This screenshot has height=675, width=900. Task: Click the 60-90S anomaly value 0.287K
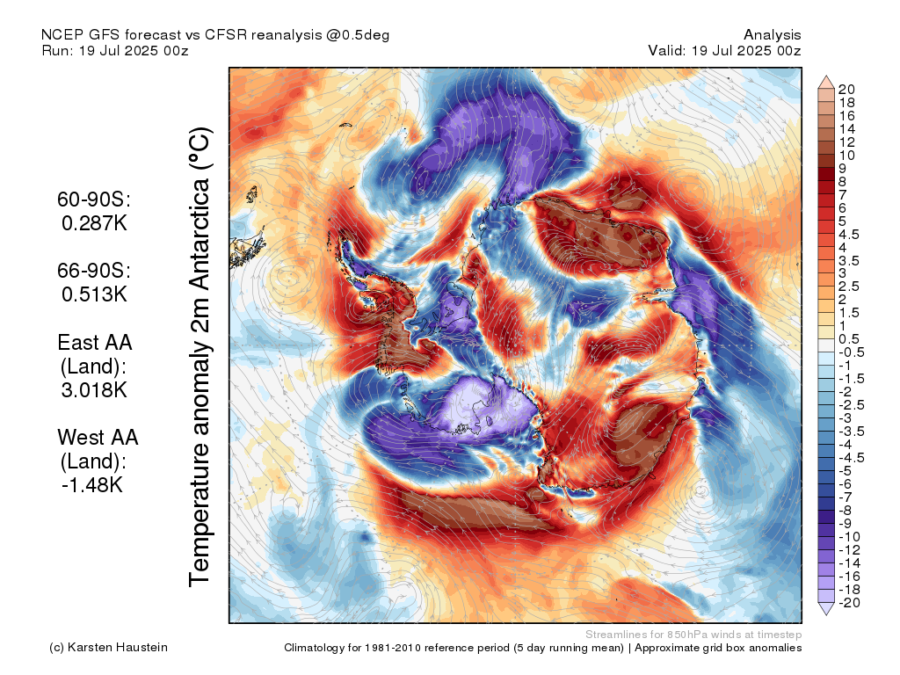(94, 222)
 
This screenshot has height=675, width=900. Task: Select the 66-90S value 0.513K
(94, 294)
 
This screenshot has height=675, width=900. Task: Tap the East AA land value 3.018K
(94, 390)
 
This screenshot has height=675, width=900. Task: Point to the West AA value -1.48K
(92, 485)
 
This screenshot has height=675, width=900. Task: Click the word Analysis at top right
(772, 35)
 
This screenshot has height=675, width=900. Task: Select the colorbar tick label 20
(846, 90)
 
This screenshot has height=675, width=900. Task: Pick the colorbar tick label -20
(849, 603)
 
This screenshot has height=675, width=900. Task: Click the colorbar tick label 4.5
(849, 235)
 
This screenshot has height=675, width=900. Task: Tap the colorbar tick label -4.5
(851, 458)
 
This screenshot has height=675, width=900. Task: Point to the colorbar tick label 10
(846, 156)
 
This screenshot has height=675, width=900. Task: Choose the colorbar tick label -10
(849, 537)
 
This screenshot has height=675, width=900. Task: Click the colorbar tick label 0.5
(849, 339)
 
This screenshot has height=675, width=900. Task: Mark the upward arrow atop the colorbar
(826, 82)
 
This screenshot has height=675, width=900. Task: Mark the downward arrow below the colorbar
(826, 608)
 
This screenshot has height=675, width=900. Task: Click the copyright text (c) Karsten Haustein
(108, 648)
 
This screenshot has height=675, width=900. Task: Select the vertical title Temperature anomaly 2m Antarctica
(200, 357)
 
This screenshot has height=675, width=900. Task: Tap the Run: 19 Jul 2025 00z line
(115, 50)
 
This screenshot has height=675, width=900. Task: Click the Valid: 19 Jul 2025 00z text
(724, 50)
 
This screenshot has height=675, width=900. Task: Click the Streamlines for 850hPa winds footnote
(693, 635)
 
